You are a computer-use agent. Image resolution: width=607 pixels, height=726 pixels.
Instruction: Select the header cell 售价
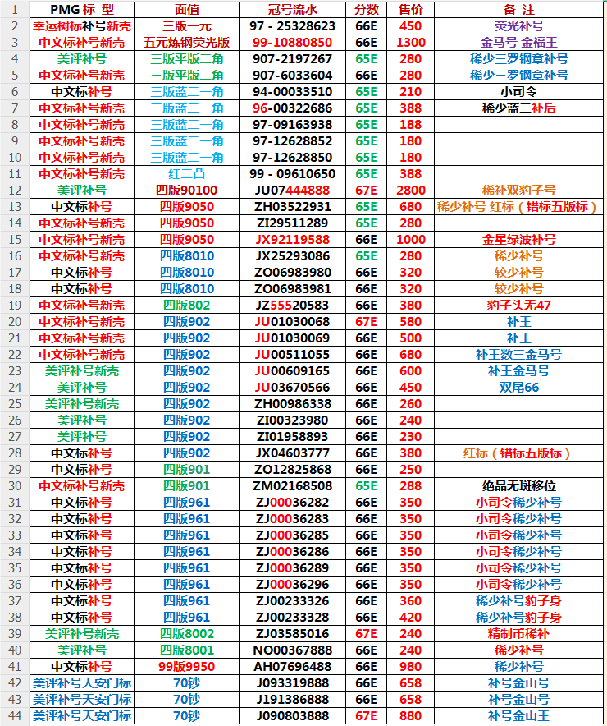coord(410,10)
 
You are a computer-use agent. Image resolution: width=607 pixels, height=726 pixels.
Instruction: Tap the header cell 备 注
coord(518,10)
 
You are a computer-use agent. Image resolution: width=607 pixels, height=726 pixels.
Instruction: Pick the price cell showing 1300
coord(410,43)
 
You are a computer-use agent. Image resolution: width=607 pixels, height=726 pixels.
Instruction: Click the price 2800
coord(410,191)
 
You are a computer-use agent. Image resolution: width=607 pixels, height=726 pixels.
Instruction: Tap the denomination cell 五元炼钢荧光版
coord(186,43)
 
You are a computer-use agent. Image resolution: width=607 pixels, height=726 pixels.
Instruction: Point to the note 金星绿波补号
coord(518,240)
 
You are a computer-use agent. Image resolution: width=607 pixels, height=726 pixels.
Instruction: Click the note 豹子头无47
coord(518,306)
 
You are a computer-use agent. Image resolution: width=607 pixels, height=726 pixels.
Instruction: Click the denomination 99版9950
coord(186,667)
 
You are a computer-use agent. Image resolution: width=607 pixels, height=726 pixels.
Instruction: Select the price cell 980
coord(410,667)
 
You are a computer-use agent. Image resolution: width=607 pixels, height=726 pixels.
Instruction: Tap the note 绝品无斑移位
coord(518,486)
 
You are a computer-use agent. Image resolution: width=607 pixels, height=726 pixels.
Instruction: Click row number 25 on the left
coord(15,404)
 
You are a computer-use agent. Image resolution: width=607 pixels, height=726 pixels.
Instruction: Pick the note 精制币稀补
coord(518,634)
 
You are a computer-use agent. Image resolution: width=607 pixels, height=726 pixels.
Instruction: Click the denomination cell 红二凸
coord(186,174)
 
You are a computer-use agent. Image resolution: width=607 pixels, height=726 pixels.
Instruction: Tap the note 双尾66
coord(518,388)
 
